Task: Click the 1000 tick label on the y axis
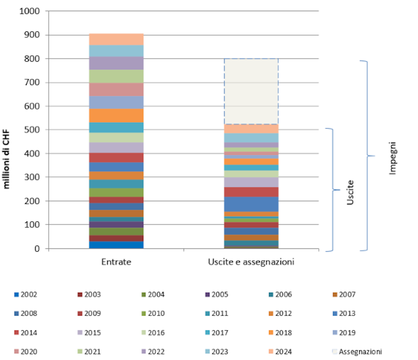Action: coord(29,11)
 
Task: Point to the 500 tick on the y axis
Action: coord(32,130)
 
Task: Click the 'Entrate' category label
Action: coord(116,262)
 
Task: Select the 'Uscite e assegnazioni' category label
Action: coord(251,262)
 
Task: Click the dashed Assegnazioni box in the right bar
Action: coord(251,91)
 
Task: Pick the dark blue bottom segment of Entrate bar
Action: coord(116,245)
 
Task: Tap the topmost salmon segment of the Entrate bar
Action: coord(116,39)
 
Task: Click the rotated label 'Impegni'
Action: coord(393,159)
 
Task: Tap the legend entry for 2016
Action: coord(154,333)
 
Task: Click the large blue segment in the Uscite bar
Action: coord(251,204)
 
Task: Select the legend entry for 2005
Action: coord(218,294)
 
